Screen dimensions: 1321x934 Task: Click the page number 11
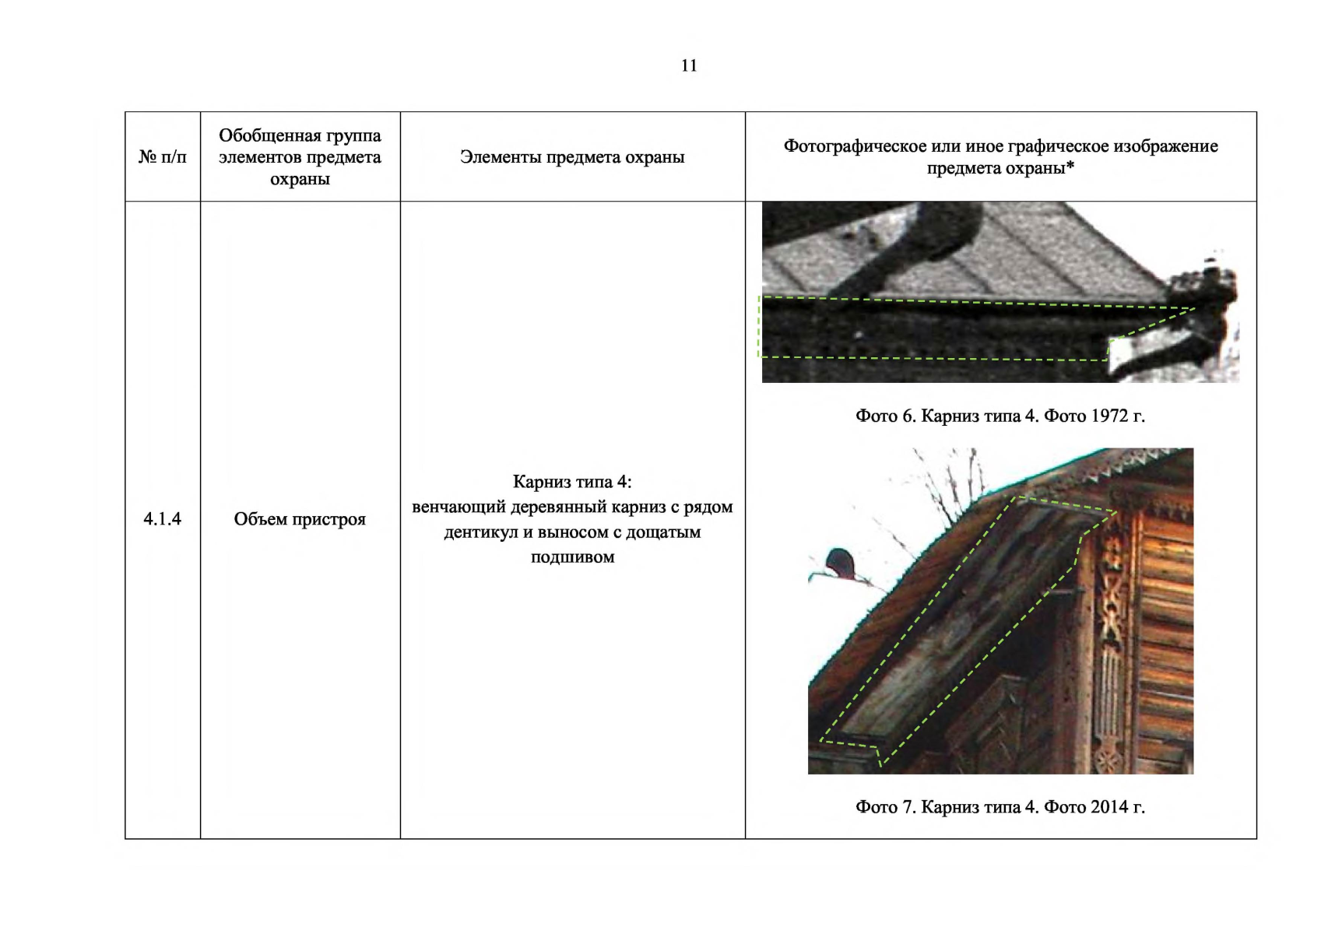coord(689,65)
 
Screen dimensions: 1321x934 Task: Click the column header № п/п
coord(162,157)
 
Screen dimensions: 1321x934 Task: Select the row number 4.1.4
coord(162,519)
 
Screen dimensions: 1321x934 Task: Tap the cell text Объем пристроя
coord(300,519)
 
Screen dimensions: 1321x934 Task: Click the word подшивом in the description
coord(572,557)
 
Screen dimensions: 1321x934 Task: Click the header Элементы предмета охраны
coord(572,157)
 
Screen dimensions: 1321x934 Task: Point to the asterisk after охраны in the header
coord(1070,166)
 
